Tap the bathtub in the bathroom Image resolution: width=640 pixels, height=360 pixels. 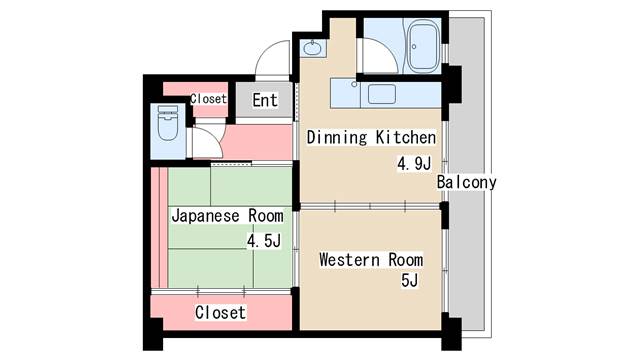pyautogui.click(x=423, y=46)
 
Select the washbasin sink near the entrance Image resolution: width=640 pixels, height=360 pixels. pyautogui.click(x=313, y=49)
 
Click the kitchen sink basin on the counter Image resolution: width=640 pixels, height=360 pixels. pyautogui.click(x=382, y=94)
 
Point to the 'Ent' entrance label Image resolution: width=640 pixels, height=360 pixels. pyautogui.click(x=265, y=100)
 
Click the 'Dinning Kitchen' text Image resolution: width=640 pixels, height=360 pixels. pyautogui.click(x=371, y=138)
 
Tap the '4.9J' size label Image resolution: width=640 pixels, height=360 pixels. pyautogui.click(x=414, y=164)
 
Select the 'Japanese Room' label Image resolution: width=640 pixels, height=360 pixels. pyautogui.click(x=227, y=216)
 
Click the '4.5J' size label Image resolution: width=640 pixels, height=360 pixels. pyautogui.click(x=264, y=241)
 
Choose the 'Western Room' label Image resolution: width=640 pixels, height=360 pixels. pyautogui.click(x=371, y=260)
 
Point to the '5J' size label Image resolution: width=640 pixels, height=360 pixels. pyautogui.click(x=409, y=280)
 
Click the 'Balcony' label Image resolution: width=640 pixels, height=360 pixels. pyautogui.click(x=466, y=182)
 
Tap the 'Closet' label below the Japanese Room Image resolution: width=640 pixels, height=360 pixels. pyautogui.click(x=220, y=313)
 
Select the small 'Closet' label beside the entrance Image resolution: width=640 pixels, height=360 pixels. pyautogui.click(x=208, y=99)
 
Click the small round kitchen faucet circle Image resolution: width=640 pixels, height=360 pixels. pyautogui.click(x=354, y=84)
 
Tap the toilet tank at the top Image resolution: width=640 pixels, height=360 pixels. pyautogui.click(x=168, y=110)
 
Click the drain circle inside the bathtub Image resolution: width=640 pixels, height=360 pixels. pyautogui.click(x=414, y=47)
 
